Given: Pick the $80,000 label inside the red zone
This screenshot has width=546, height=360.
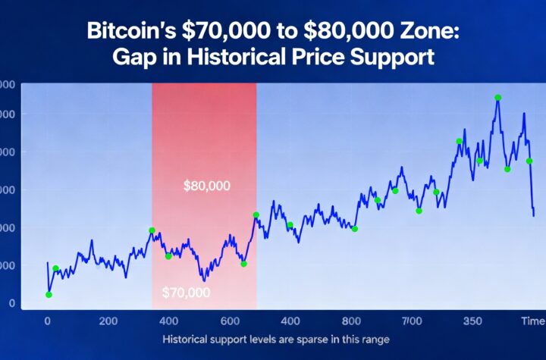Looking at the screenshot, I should click(207, 185).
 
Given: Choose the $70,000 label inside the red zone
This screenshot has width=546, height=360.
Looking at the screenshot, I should click(186, 292).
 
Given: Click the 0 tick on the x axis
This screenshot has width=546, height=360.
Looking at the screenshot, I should click(47, 321).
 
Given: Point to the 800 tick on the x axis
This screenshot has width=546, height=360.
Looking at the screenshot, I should click(351, 321).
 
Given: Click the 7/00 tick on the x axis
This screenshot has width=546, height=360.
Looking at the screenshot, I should click(412, 321).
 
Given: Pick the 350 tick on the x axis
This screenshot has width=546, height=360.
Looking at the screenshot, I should click(472, 321).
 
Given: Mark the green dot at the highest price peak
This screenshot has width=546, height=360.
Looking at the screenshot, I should click(497, 98).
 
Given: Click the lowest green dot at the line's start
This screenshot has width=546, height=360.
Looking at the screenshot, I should click(49, 295).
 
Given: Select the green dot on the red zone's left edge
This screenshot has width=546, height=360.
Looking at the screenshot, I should click(152, 230).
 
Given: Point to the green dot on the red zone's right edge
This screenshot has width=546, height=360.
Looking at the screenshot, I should click(256, 215).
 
